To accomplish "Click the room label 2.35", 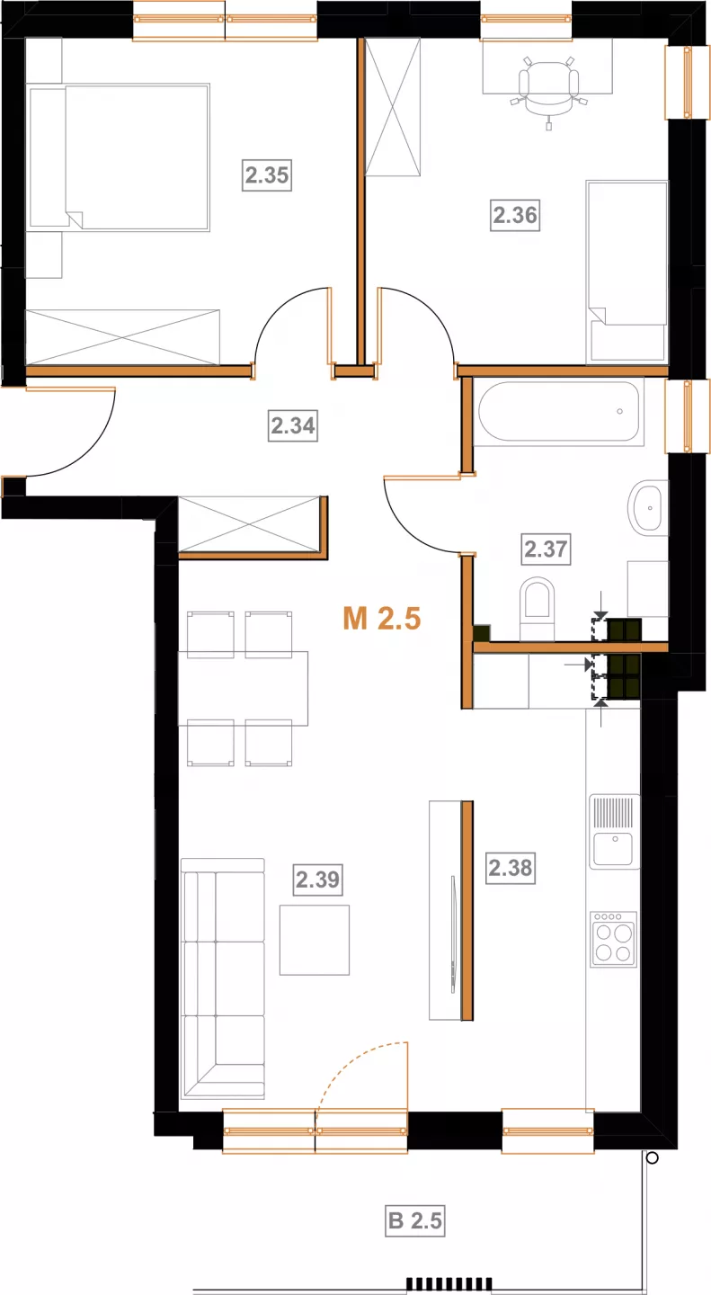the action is (266, 174).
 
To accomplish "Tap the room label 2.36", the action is (515, 215).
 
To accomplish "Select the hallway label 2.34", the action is (293, 425).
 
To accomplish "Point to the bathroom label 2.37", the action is (547, 549).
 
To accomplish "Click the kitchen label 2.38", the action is (511, 868).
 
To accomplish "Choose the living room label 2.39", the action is (317, 880).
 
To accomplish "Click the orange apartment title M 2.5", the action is (381, 618).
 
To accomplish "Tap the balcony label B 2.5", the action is (415, 1220).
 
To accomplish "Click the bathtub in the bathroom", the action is (559, 412).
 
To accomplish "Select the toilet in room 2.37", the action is (537, 608).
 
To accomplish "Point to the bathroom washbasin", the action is (645, 508).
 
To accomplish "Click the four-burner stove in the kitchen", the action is (613, 940).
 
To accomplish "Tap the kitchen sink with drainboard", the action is (615, 832).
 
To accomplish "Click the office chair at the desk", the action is (548, 91).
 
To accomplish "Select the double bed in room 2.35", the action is (119, 158).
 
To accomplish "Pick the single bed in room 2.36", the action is (627, 272).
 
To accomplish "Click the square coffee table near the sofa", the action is (315, 940).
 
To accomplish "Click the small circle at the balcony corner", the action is (652, 1157).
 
